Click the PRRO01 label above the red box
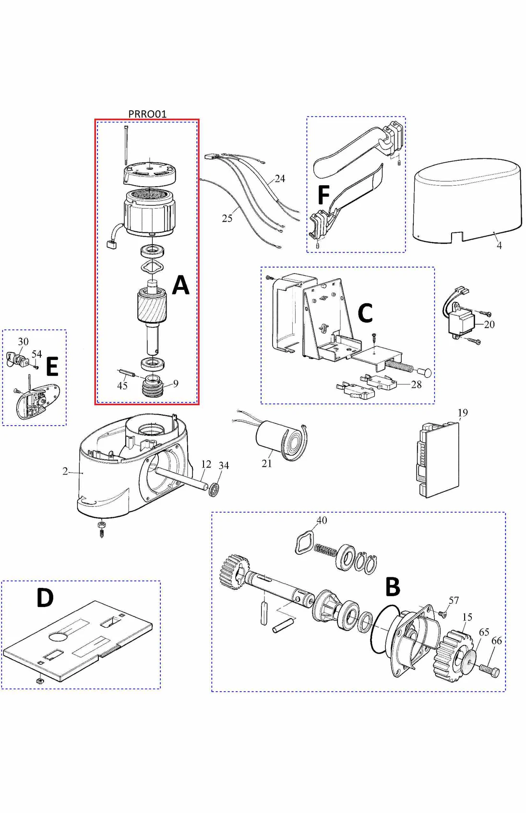point(147,114)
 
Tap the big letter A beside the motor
point(181,285)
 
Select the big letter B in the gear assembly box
point(393,586)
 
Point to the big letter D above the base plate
point(45,598)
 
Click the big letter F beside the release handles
point(323,195)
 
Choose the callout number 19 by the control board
point(462,413)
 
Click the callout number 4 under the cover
point(499,246)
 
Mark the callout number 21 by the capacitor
point(267,464)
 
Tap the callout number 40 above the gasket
point(322,520)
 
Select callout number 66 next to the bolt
point(496,641)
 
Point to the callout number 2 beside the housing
point(65,471)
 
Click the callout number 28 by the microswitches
point(416,384)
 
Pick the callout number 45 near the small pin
point(122,386)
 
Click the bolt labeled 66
point(490,669)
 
